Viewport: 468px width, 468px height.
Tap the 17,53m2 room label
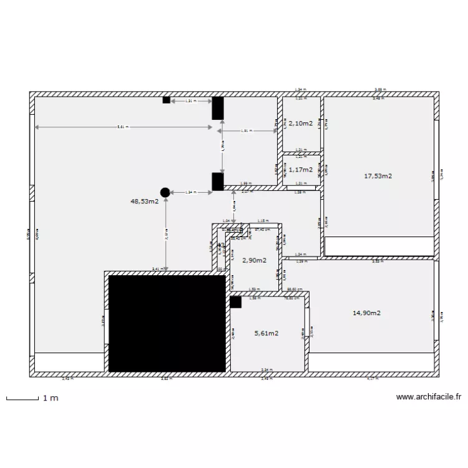(378, 176)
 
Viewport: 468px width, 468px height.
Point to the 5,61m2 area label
(266, 333)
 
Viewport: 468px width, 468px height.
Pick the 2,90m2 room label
(255, 260)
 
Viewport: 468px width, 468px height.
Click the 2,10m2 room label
(300, 124)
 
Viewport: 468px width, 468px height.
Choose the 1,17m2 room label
(300, 169)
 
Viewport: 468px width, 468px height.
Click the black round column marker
(165, 193)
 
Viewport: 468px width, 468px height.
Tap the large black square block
(167, 324)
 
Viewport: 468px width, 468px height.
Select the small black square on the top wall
(166, 100)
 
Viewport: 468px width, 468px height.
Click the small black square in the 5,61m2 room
(235, 302)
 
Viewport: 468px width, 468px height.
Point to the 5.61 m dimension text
(123, 127)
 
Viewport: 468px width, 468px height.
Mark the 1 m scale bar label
(51, 398)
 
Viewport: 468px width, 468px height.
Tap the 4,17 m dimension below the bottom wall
(373, 378)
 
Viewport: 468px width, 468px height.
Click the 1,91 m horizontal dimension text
(246, 131)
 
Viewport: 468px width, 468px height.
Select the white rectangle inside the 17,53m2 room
(379, 246)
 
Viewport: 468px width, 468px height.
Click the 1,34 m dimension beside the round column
(190, 193)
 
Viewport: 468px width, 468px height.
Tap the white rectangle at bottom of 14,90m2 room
(371, 361)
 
